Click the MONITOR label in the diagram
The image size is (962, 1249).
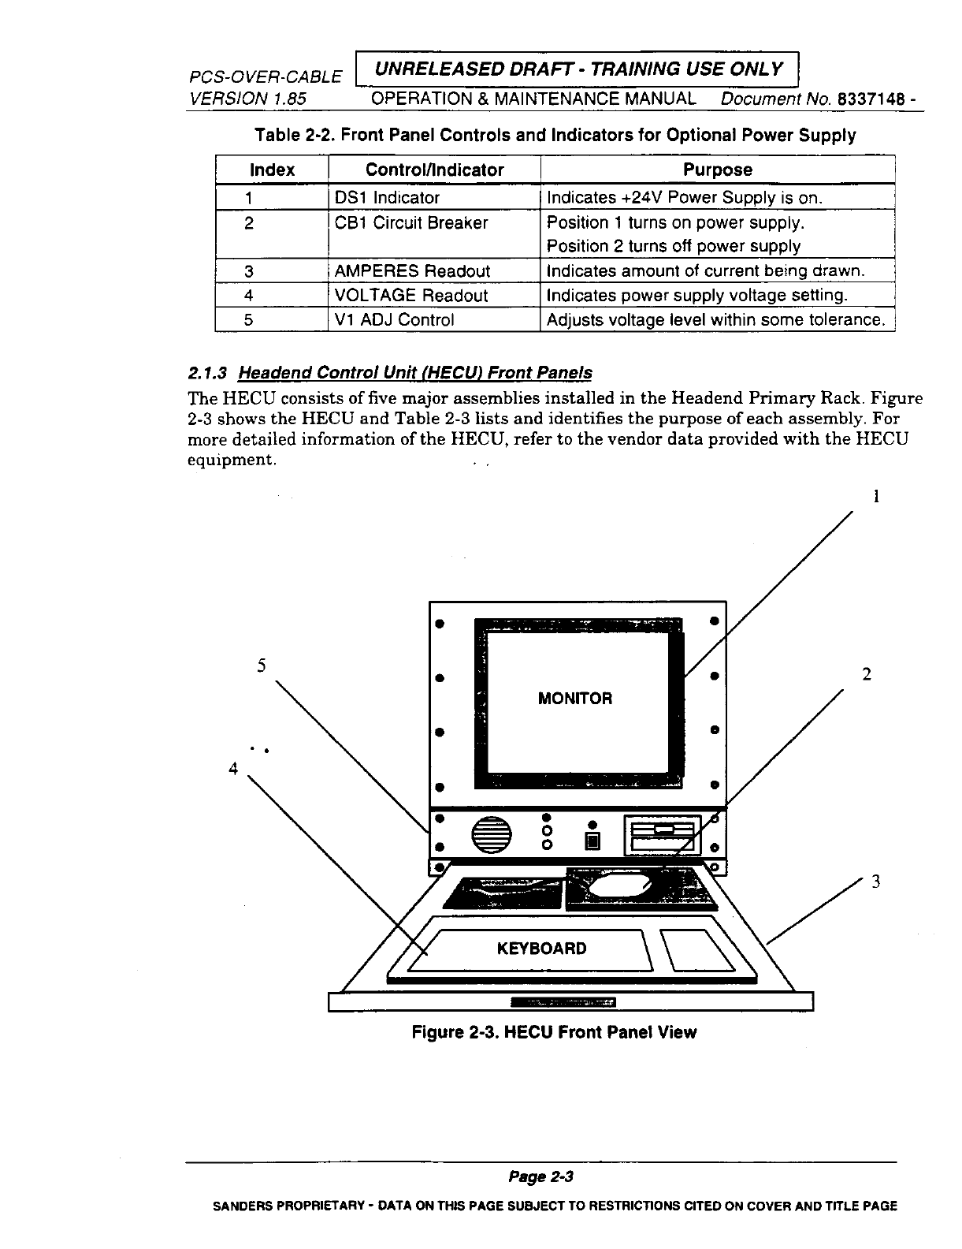coord(574,699)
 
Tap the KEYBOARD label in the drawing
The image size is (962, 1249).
coord(541,948)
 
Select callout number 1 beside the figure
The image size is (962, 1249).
coord(875,496)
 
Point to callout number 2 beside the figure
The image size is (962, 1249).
coord(867,674)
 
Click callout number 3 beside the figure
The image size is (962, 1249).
coord(875,882)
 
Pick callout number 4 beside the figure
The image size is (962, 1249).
coord(232,768)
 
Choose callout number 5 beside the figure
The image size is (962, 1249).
coord(261,665)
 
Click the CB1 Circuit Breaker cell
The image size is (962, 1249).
coord(411,223)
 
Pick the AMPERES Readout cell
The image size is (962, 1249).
coord(412,271)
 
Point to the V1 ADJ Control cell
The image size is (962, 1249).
coord(394,319)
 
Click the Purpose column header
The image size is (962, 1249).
coord(717,170)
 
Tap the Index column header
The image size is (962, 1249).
coord(272,170)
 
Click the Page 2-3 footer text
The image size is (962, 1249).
coord(540,1177)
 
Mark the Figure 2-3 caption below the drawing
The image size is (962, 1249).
coord(555,1032)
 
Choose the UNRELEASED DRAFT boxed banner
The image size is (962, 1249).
coord(578,69)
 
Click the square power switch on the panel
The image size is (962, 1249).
coord(592,842)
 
